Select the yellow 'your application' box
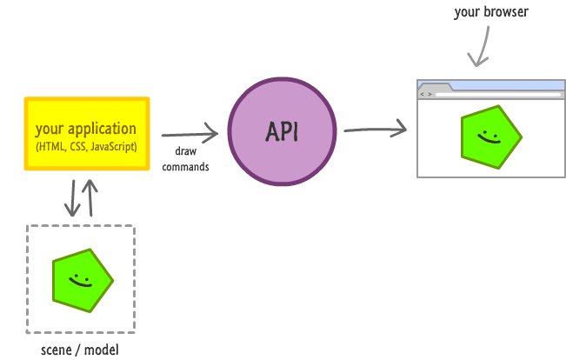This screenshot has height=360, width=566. (87, 134)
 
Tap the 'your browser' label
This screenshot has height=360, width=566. (490, 13)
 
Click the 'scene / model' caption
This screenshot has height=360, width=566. (79, 350)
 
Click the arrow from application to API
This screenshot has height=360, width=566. (190, 135)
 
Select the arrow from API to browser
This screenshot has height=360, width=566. (375, 130)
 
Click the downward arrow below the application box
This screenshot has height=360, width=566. (72, 198)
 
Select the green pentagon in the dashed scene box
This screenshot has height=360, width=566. (82, 278)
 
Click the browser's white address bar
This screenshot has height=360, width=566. (496, 93)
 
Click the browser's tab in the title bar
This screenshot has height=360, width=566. (435, 85)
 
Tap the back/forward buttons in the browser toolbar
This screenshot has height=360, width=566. (425, 93)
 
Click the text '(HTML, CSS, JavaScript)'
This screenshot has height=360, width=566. (87, 146)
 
